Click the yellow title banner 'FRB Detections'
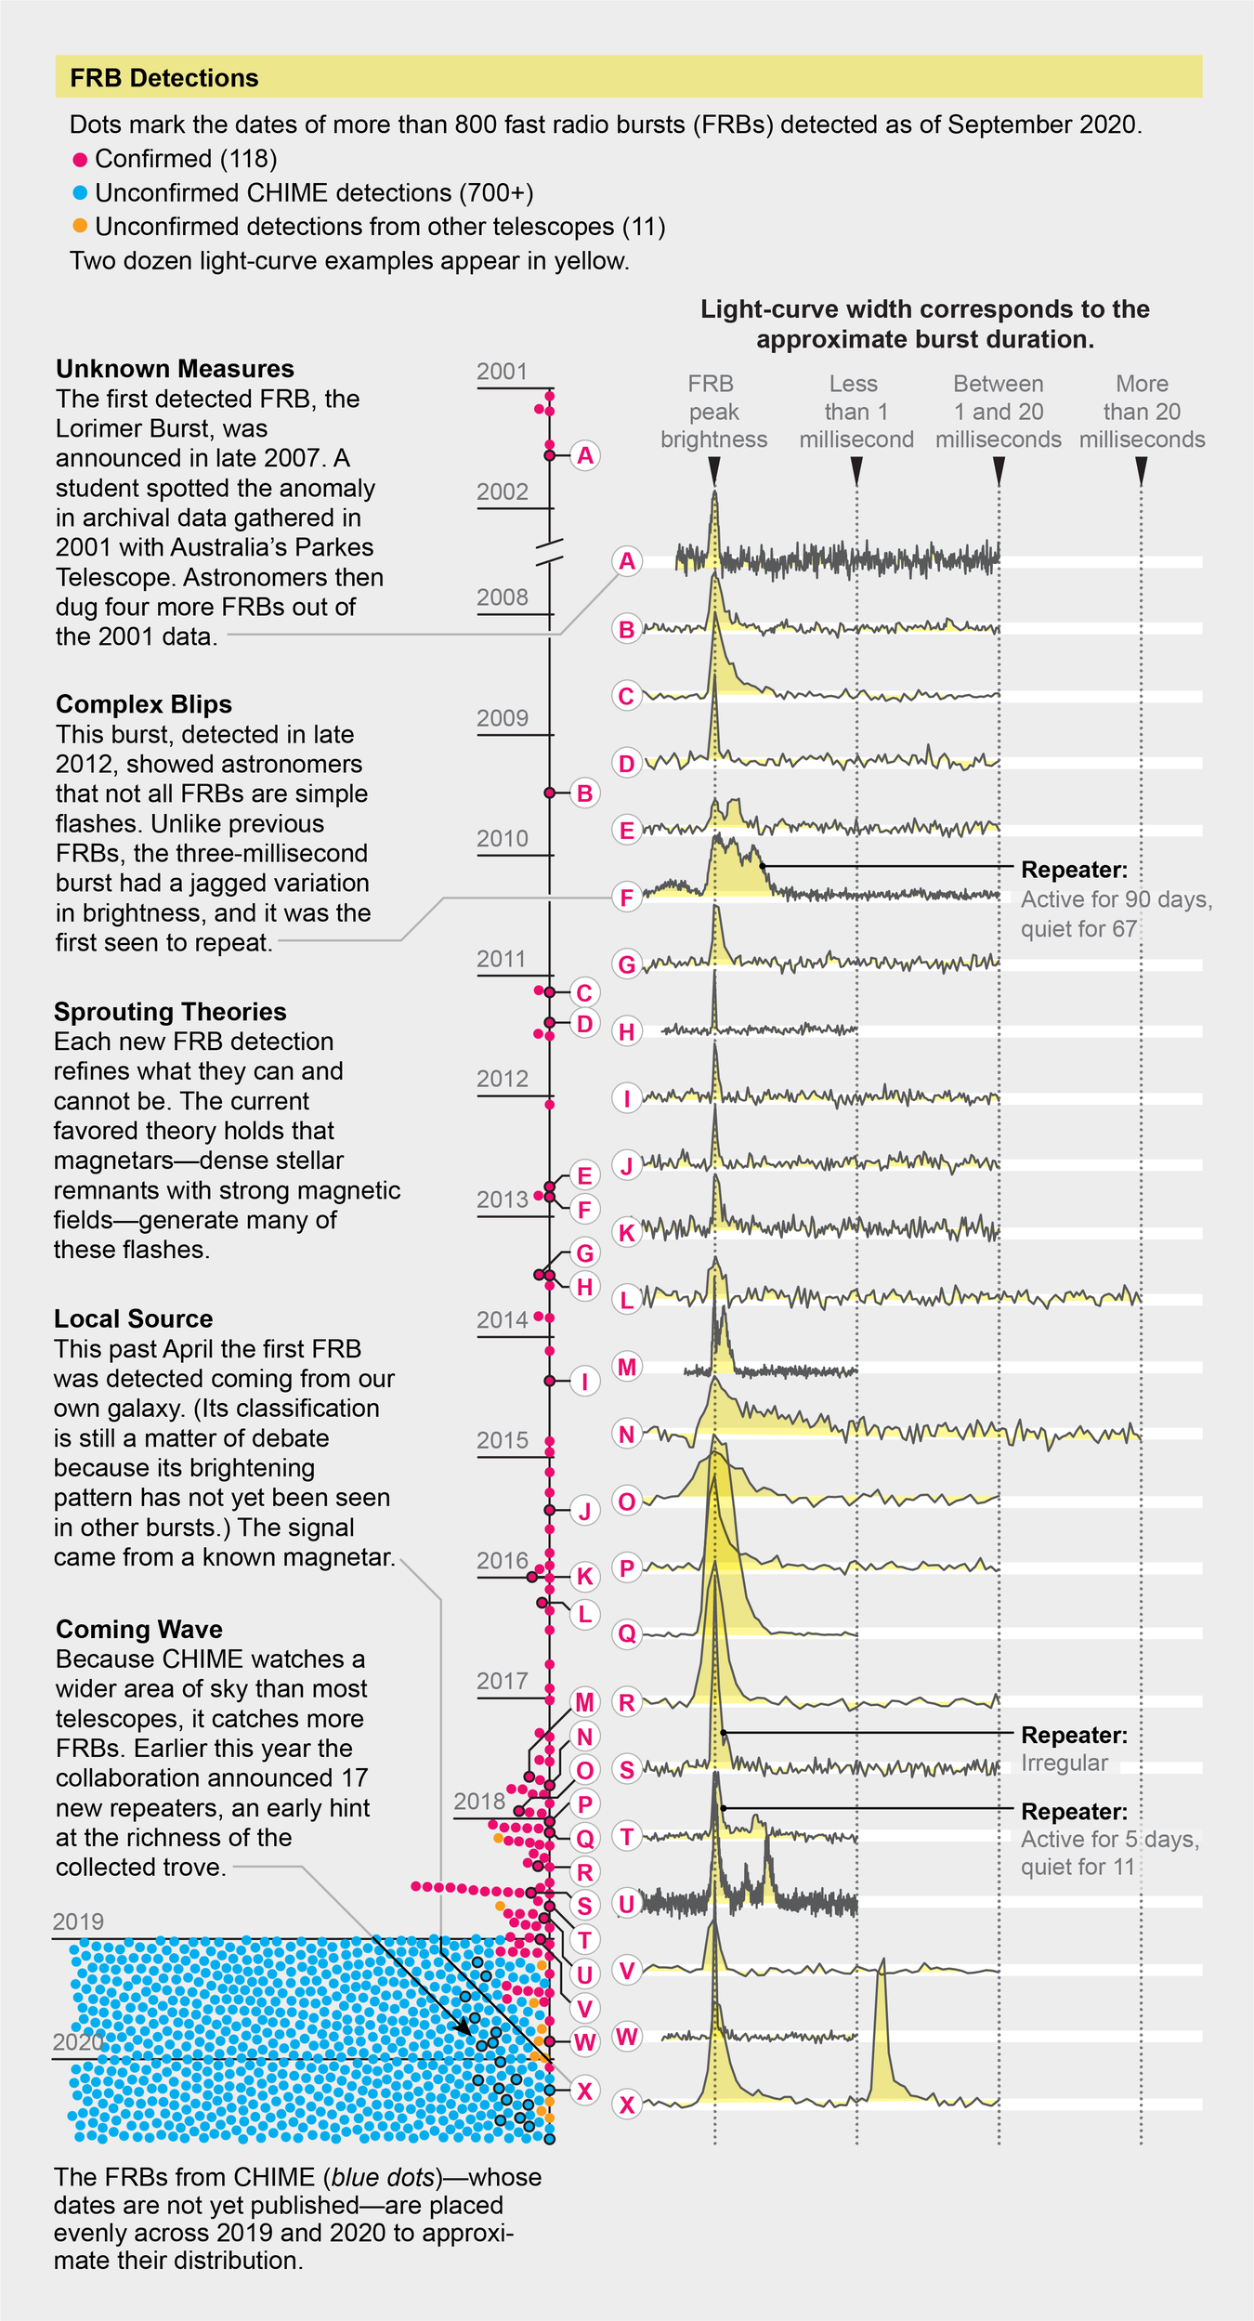click(x=628, y=77)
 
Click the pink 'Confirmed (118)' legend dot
click(x=80, y=160)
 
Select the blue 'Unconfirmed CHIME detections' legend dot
click(x=80, y=193)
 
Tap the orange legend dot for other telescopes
click(x=80, y=226)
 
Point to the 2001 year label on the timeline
click(x=502, y=372)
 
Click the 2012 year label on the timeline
click(x=502, y=1079)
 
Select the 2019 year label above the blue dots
click(x=78, y=1921)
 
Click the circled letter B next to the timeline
click(x=584, y=793)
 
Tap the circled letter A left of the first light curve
click(x=627, y=561)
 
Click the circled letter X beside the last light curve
click(x=627, y=2105)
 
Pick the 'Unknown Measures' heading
click(x=175, y=369)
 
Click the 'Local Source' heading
click(x=133, y=1318)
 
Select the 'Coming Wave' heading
click(x=138, y=1629)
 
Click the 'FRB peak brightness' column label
click(x=713, y=412)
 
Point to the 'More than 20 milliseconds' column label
click(x=1142, y=412)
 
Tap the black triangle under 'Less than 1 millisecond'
click(x=856, y=473)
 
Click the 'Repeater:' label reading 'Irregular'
click(x=1074, y=1735)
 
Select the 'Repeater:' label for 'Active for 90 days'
click(x=1074, y=870)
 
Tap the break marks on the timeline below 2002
click(x=550, y=552)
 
